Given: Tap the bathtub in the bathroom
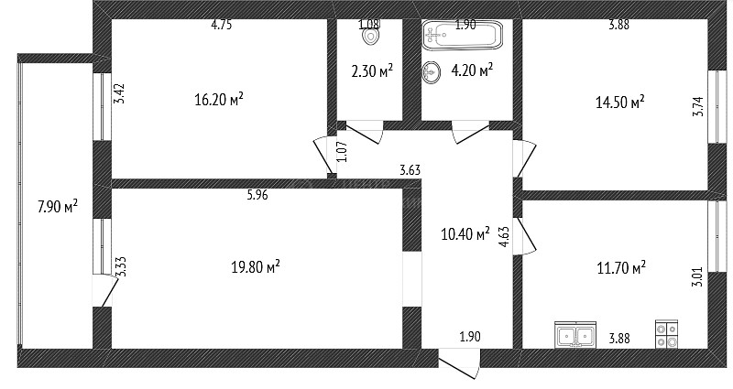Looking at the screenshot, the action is coord(462,34).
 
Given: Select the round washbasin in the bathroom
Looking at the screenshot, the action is coord(431,73).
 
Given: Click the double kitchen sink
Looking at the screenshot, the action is coord(575,334).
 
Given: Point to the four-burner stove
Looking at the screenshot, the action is coord(667,334).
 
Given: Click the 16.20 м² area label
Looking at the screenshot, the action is coord(219,99).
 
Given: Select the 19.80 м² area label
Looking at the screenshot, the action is coord(256,267).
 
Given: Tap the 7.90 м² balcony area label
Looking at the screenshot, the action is coord(58,206).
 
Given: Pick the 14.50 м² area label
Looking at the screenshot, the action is coord(620,102).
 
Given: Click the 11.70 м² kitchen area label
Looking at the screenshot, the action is coord(621,268).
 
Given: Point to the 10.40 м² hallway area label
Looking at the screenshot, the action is coord(465,233).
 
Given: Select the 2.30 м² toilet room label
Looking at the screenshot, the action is coord(372,71).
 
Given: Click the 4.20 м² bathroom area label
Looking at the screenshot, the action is coord(472,71).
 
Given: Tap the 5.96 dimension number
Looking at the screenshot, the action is coord(257,195).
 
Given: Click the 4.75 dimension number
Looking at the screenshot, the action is coord(222,25).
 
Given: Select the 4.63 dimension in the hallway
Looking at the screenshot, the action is coord(504,236).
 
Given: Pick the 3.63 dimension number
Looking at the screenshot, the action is coord(410,170).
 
